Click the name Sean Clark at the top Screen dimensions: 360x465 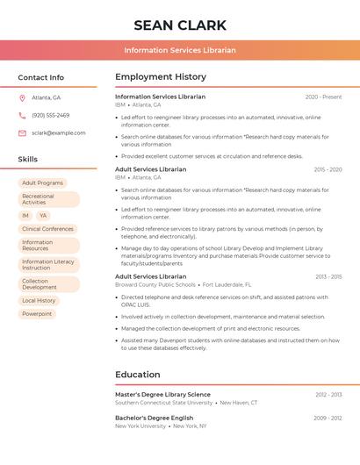coord(180,25)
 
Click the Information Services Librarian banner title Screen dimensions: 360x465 coord(180,50)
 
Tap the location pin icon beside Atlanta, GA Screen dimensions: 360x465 coord(22,97)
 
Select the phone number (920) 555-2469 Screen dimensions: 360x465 coord(50,115)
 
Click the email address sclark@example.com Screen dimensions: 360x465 coord(58,132)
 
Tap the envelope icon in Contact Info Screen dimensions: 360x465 coord(22,132)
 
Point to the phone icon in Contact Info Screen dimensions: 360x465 coord(22,115)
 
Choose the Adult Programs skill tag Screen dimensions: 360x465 coord(42,182)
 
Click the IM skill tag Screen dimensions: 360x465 coord(25,215)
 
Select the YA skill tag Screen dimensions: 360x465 coord(43,215)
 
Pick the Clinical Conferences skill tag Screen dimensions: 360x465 coord(47,229)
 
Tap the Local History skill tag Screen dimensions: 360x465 coord(39,300)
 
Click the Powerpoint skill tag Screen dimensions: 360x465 coord(37,313)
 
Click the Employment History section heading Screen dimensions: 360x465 coord(161,77)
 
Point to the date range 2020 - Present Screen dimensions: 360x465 coord(323,97)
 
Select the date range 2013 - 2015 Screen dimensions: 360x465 coord(328,276)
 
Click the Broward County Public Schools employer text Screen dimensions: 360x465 coord(155,284)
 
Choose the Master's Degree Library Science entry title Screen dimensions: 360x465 coord(162,395)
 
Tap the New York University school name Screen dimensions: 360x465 coord(140,426)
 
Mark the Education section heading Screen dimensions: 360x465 coord(137,375)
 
